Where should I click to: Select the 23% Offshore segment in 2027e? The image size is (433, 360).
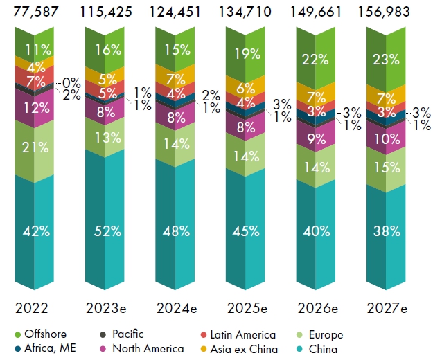(x=386, y=60)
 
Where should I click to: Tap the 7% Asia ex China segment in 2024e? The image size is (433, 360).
(x=175, y=79)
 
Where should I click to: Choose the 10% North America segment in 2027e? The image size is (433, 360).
(x=386, y=138)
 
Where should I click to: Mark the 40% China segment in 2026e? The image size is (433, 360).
(x=316, y=231)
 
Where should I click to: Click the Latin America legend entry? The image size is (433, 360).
(x=238, y=335)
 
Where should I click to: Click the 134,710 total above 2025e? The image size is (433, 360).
(x=245, y=12)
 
